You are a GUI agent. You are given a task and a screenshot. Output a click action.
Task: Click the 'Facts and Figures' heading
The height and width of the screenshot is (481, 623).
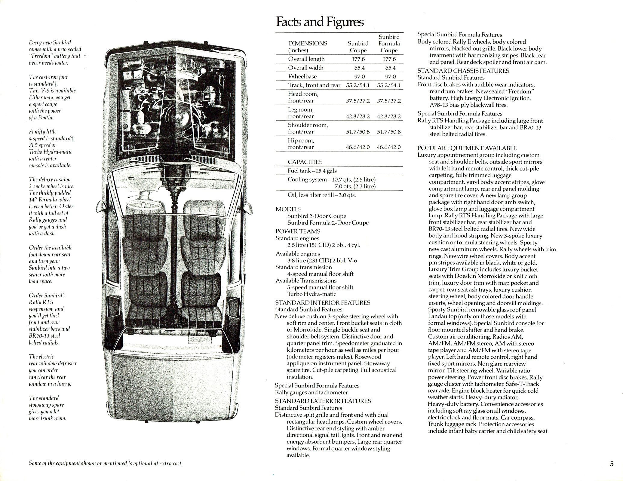click(320, 22)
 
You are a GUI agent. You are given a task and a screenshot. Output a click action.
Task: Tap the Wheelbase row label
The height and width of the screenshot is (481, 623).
click(302, 76)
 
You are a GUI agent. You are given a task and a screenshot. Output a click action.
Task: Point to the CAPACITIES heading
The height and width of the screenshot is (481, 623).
click(305, 162)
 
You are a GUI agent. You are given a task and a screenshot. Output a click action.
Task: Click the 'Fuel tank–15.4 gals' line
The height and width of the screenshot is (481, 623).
click(312, 171)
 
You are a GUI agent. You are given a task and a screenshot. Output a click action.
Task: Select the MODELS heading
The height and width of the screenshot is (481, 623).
click(288, 209)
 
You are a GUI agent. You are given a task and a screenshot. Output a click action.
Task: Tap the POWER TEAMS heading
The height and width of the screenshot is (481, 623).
click(298, 231)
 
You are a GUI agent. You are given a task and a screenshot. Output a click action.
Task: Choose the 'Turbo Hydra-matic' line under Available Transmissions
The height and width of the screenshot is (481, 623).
click(311, 294)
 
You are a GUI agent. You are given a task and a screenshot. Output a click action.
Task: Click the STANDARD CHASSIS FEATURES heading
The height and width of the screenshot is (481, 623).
click(463, 71)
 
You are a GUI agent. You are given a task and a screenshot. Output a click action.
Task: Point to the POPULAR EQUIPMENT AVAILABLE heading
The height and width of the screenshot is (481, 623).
click(467, 148)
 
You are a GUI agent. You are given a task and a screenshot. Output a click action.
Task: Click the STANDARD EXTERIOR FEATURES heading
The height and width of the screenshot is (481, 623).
click(323, 401)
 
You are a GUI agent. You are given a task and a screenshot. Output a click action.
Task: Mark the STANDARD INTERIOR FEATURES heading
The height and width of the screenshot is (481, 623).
click(323, 303)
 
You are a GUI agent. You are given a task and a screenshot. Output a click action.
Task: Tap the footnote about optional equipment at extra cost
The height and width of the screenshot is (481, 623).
click(106, 463)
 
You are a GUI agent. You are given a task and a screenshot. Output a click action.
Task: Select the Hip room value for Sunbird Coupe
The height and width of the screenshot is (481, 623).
click(358, 147)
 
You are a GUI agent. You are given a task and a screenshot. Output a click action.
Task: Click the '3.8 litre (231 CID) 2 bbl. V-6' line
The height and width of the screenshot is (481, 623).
click(322, 261)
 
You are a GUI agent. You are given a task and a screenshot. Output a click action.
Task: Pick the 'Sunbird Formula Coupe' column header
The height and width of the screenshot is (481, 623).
click(389, 44)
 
